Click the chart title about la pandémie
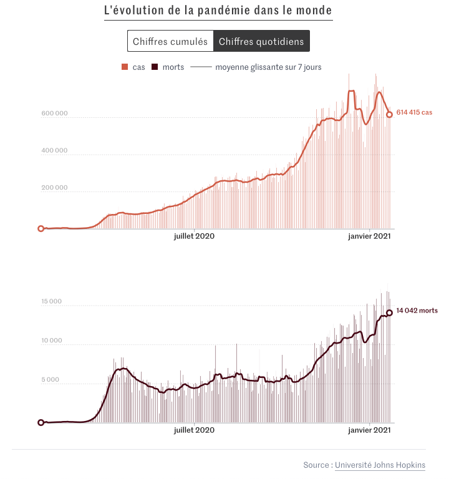[x=218, y=11]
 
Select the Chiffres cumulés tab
[x=170, y=41]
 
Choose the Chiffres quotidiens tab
[x=261, y=41]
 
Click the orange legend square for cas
[x=125, y=67]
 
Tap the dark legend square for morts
[x=155, y=67]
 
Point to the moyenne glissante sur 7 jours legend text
[x=268, y=67]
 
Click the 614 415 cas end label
[x=414, y=112]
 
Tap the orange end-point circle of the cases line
[x=390, y=114]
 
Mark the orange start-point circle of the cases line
[x=41, y=229]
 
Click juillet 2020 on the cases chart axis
[x=194, y=236]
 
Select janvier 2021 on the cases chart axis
[x=370, y=236]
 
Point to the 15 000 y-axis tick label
[x=51, y=302]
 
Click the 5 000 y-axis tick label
[x=52, y=380]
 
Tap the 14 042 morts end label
[x=417, y=311]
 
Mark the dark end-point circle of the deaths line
[x=390, y=312]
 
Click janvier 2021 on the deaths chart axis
[x=370, y=430]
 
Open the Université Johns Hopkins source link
[x=380, y=465]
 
